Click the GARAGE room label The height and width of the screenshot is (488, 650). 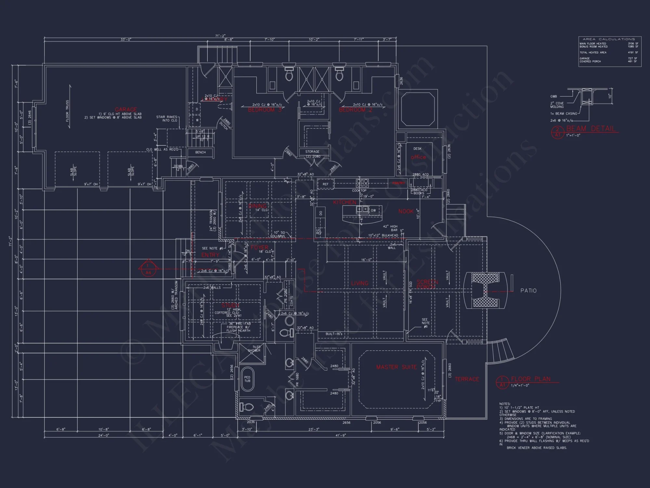tap(126, 110)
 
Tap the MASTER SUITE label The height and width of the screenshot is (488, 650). tap(396, 367)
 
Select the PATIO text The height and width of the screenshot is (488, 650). tap(528, 291)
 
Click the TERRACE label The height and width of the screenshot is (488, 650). tap(467, 379)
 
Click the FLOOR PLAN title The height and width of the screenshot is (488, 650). tap(531, 379)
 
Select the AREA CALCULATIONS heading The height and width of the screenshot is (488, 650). tap(609, 39)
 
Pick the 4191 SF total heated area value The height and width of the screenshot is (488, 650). tap(632, 52)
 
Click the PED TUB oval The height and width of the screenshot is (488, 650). tap(247, 379)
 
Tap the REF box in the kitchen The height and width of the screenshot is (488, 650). tap(325, 184)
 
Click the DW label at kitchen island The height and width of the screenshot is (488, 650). tap(373, 210)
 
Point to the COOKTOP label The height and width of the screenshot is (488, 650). tap(359, 191)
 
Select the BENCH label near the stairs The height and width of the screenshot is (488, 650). tap(200, 152)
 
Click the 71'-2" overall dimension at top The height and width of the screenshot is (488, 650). tap(220, 36)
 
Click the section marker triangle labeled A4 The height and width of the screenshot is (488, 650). tap(148, 268)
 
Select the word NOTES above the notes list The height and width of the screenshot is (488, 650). tap(505, 404)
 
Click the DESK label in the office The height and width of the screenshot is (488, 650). tap(417, 149)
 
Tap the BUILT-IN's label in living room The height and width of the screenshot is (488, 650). tap(334, 334)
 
